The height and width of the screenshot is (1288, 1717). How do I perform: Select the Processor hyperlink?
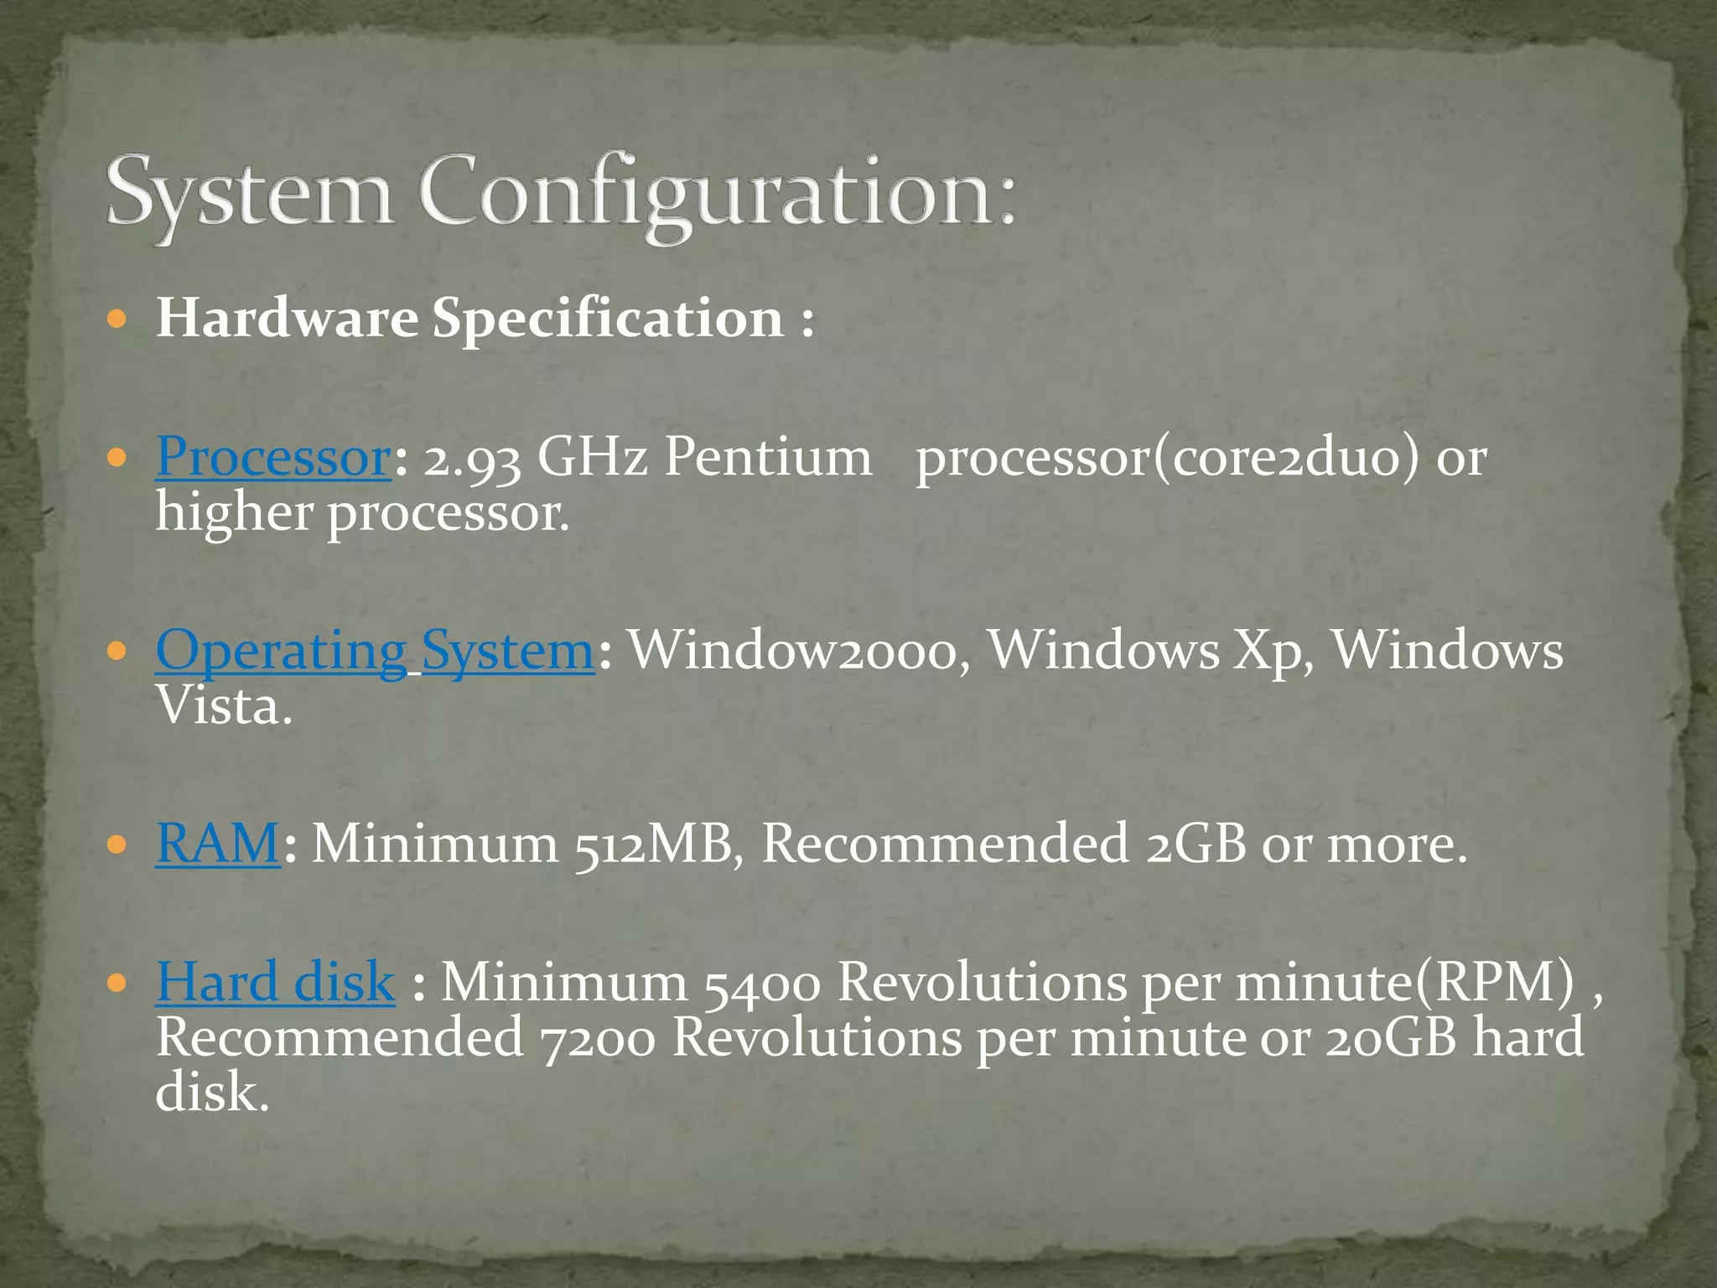tap(273, 457)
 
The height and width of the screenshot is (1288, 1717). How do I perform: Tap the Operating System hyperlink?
tap(375, 651)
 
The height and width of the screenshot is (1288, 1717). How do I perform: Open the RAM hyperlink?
tap(217, 843)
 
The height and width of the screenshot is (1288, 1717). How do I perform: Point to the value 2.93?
tap(471, 459)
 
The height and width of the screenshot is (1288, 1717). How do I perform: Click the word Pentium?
tap(767, 457)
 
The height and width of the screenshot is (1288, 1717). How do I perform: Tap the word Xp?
tap(1273, 652)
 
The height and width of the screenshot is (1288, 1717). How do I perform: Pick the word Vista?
tap(223, 706)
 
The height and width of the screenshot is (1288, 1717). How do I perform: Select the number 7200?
tap(597, 1038)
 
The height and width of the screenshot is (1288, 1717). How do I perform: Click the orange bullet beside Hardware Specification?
tap(117, 319)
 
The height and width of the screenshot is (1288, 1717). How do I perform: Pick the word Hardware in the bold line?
tap(287, 319)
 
